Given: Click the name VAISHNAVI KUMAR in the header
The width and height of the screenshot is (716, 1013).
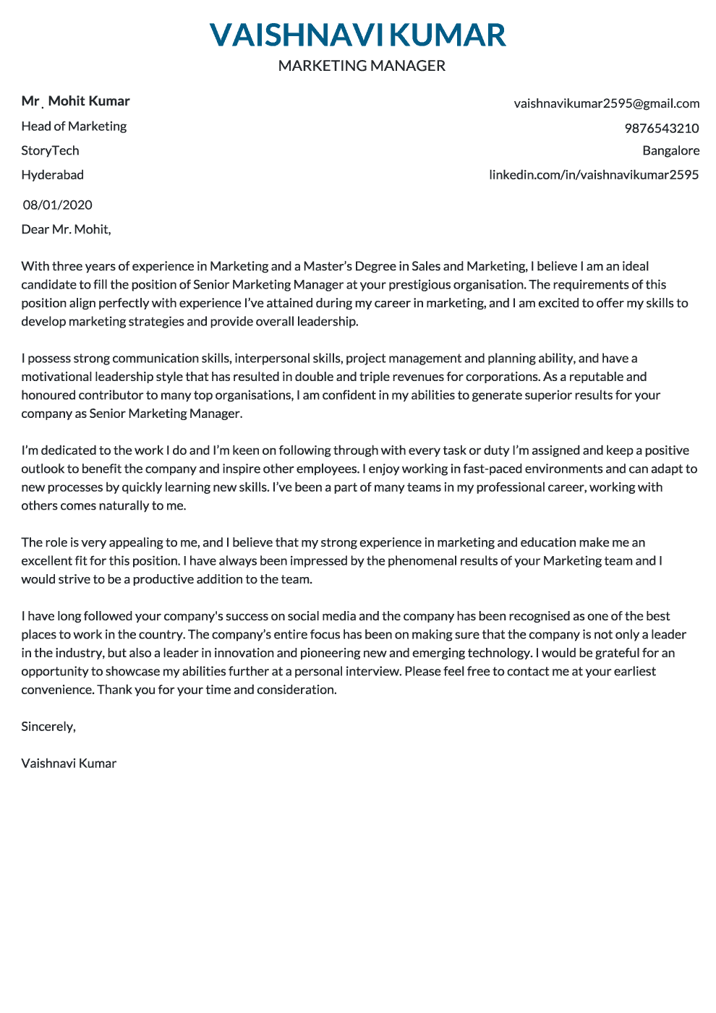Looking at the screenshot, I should (358, 35).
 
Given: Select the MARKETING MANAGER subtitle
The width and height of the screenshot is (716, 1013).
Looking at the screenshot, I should (362, 66).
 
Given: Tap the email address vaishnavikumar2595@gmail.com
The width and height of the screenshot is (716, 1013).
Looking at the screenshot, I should (607, 103).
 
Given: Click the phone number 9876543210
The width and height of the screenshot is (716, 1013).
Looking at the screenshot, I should (662, 128).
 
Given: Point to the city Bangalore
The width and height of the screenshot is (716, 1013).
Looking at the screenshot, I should (670, 150).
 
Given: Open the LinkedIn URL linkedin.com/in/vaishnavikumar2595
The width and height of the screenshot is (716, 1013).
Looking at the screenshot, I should (594, 174).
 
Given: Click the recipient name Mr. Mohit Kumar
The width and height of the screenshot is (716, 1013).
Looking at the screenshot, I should (75, 101).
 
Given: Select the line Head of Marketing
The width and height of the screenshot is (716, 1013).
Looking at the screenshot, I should (74, 126).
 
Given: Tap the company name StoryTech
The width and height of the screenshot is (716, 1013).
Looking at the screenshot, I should (50, 150).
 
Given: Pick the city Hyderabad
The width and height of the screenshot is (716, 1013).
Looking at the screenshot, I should (52, 174).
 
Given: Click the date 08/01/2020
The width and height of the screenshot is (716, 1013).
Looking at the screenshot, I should (57, 205).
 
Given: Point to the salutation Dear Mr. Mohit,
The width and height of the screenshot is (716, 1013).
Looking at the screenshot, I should (66, 229).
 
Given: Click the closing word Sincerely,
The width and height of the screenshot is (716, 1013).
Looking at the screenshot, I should (48, 726).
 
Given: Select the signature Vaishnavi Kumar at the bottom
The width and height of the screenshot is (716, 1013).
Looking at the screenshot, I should (69, 763).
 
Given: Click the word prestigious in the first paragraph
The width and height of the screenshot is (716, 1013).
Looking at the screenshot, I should (421, 284).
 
